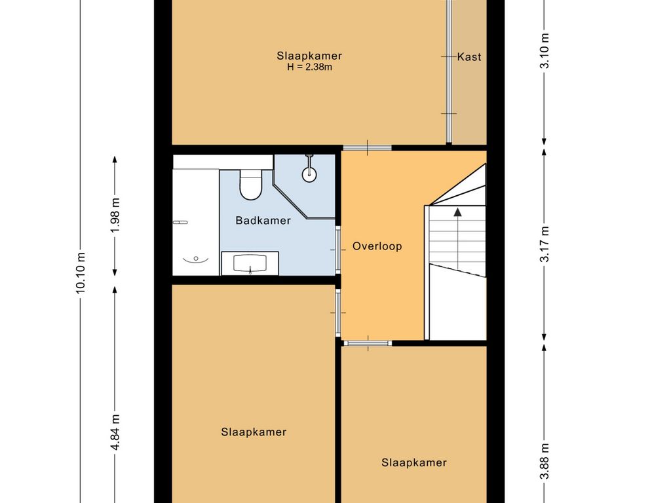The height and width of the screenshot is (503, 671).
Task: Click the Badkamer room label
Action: pos(263,221)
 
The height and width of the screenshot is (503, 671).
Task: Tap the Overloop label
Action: pos(377,247)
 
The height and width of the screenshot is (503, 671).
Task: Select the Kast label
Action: pos(469,57)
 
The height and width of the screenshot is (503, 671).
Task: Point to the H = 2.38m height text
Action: pos(309,67)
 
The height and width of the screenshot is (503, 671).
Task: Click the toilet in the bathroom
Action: pos(250,183)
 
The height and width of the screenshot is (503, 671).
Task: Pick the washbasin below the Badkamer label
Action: pos(250,264)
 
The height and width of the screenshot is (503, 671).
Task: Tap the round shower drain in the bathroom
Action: pos(309,174)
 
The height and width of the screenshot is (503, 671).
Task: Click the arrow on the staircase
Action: pos(457,211)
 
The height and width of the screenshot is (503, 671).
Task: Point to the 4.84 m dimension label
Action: pos(115,432)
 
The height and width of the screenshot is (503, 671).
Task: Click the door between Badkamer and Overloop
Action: pos(339,250)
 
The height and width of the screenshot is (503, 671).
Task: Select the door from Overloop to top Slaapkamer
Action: pos(367,148)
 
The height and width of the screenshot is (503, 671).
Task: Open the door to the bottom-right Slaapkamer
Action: pos(367,343)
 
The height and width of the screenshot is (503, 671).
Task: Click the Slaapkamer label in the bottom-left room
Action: pos(254,432)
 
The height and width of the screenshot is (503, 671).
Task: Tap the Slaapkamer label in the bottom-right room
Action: pos(414,462)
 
